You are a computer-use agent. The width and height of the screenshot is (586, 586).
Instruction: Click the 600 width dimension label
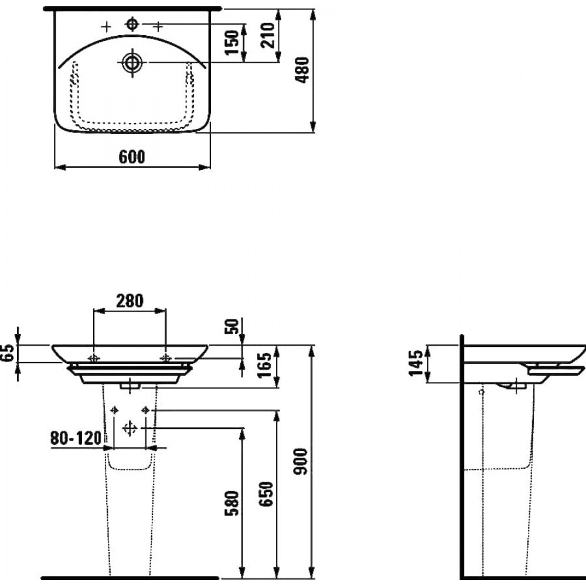[x=132, y=157]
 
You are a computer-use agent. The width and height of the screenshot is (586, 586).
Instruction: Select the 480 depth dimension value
[x=302, y=70]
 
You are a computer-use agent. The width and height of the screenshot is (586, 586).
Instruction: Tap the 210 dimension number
[x=268, y=36]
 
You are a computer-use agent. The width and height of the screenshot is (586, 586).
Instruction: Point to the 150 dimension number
[x=232, y=42]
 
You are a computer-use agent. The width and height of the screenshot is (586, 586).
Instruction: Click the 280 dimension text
[x=130, y=301]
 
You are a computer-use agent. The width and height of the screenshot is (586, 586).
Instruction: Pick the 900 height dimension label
[x=301, y=462]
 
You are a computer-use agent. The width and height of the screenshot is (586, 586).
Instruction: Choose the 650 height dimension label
[x=267, y=494]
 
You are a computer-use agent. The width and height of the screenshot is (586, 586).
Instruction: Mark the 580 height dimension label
[x=231, y=503]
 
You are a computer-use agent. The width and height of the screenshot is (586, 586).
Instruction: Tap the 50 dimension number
[x=231, y=326]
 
